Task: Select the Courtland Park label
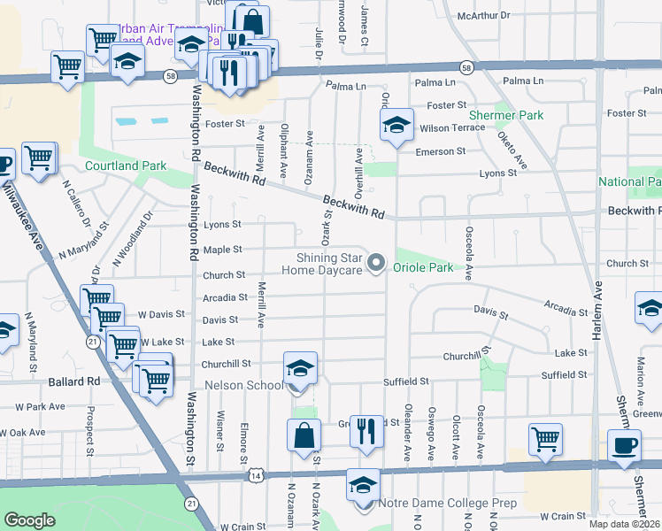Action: click(126, 165)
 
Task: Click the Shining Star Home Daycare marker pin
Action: click(377, 262)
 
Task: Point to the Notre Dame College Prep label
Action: click(447, 503)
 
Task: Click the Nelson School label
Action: click(243, 385)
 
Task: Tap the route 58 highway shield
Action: click(466, 67)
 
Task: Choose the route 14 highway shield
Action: click(257, 475)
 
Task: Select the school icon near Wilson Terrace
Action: click(396, 125)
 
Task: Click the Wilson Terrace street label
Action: click(452, 127)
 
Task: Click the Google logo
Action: click(29, 520)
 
